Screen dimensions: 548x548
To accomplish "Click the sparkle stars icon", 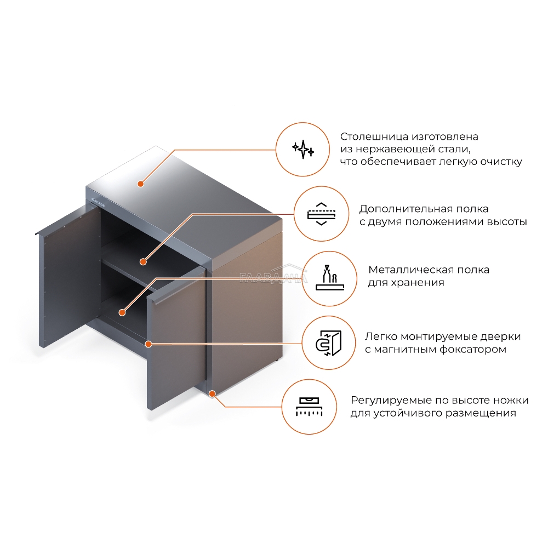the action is pos(303,149).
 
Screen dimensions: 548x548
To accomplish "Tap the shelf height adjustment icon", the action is pos(322,214).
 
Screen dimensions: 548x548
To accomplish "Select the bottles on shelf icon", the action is pos(330,278).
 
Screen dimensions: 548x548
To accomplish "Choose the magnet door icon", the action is pos(328,343).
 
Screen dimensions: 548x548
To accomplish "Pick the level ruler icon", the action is pos(309,407).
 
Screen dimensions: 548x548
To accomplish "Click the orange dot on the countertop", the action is pos(140,184).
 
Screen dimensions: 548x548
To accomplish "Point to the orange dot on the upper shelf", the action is pos(143,261).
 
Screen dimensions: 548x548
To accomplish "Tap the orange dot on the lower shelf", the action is pos(122,312).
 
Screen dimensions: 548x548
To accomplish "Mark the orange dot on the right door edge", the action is pos(148,344).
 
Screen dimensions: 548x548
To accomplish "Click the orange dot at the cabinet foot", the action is pos(212,394).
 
